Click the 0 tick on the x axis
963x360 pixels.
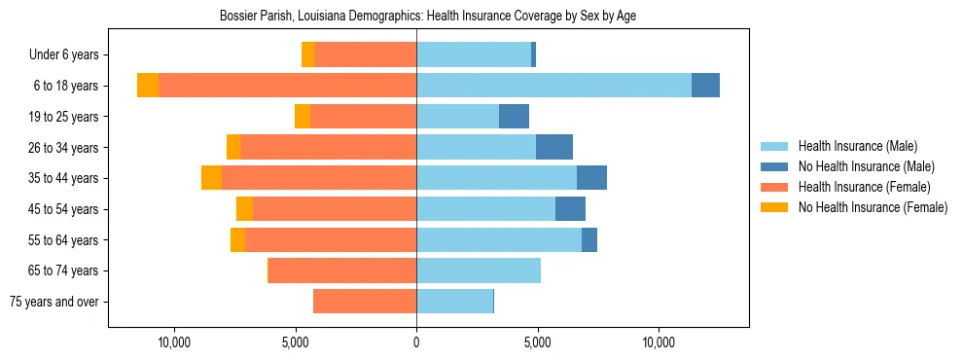pyautogui.click(x=416, y=342)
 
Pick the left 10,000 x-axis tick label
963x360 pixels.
pyautogui.click(x=174, y=342)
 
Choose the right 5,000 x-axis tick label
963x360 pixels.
pyautogui.click(x=538, y=342)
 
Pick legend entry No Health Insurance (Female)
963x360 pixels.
pyautogui.click(x=873, y=207)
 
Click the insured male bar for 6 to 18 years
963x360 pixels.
pyautogui.click(x=553, y=86)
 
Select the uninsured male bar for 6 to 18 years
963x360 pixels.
pyautogui.click(x=705, y=86)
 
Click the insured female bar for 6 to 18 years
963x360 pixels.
pyautogui.click(x=287, y=86)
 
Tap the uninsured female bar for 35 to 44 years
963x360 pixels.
pyautogui.click(x=211, y=178)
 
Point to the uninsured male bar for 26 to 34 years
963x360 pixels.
pyautogui.click(x=554, y=147)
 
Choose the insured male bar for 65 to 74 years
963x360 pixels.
pyautogui.click(x=478, y=270)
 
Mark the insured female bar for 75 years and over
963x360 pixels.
pyautogui.click(x=365, y=302)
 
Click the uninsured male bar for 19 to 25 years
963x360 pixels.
pyautogui.click(x=514, y=117)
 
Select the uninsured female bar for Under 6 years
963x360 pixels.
pyautogui.click(x=307, y=54)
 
